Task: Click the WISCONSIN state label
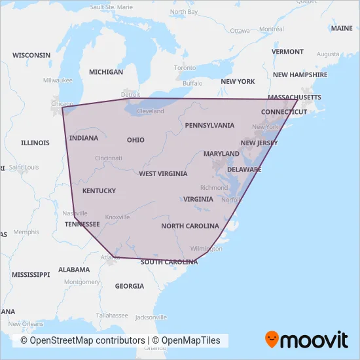point(31,55)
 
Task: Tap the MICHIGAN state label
point(106,72)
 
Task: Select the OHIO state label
point(135,140)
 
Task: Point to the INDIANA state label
point(84,138)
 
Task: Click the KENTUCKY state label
point(99,191)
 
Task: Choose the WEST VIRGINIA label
point(163,174)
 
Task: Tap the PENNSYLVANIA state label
point(209,125)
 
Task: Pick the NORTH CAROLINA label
point(190,226)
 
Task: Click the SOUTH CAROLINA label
point(169,262)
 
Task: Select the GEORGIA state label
point(129,286)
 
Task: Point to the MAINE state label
point(341,29)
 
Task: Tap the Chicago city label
point(62,103)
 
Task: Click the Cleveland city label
point(151,111)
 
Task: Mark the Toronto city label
point(185,68)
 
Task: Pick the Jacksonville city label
point(147,317)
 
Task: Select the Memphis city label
point(26,232)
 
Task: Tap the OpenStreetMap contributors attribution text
point(82,340)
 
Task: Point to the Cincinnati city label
point(109,158)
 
